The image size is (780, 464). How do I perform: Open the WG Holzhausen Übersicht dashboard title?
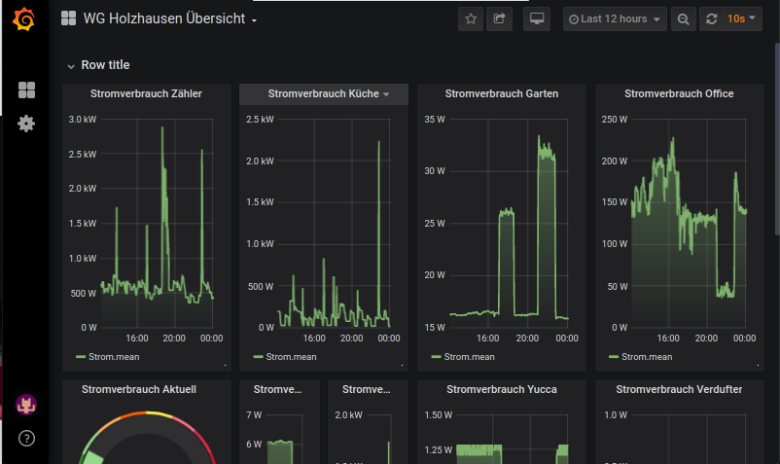click(x=159, y=19)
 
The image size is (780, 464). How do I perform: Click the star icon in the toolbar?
click(x=471, y=19)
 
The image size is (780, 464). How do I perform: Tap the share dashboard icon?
click(x=499, y=19)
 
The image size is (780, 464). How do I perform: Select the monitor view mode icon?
click(x=537, y=19)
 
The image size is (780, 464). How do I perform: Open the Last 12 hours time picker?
click(x=615, y=19)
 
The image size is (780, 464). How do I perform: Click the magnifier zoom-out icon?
click(x=684, y=19)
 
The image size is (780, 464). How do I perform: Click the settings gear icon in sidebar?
click(x=26, y=124)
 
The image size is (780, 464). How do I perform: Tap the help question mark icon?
click(x=26, y=438)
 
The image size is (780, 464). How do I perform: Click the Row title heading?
click(x=105, y=65)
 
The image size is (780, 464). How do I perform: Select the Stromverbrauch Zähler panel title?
click(x=146, y=94)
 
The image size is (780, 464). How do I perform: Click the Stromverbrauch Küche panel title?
click(x=323, y=94)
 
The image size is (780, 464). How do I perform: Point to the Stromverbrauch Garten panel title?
click(x=502, y=94)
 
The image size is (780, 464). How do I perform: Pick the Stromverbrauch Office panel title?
click(x=679, y=94)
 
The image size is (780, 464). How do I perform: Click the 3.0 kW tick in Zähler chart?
click(x=82, y=120)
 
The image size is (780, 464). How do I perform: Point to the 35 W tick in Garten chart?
click(x=434, y=120)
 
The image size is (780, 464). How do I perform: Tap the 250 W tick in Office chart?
click(x=614, y=120)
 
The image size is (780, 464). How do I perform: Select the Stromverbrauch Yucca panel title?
click(x=502, y=389)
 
